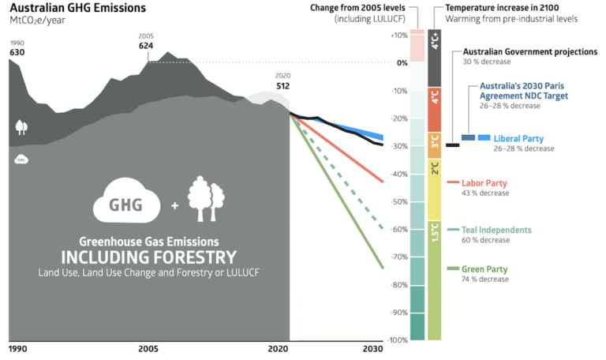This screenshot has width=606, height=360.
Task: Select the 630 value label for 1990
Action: (x=17, y=53)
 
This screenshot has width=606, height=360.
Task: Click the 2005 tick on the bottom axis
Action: (x=147, y=348)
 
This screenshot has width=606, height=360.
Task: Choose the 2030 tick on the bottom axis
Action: (x=372, y=348)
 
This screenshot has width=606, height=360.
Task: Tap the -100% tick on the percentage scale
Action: (x=396, y=340)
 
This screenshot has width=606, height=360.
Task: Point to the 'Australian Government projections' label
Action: (x=529, y=51)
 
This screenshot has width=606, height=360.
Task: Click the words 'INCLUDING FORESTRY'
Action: (x=148, y=257)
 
